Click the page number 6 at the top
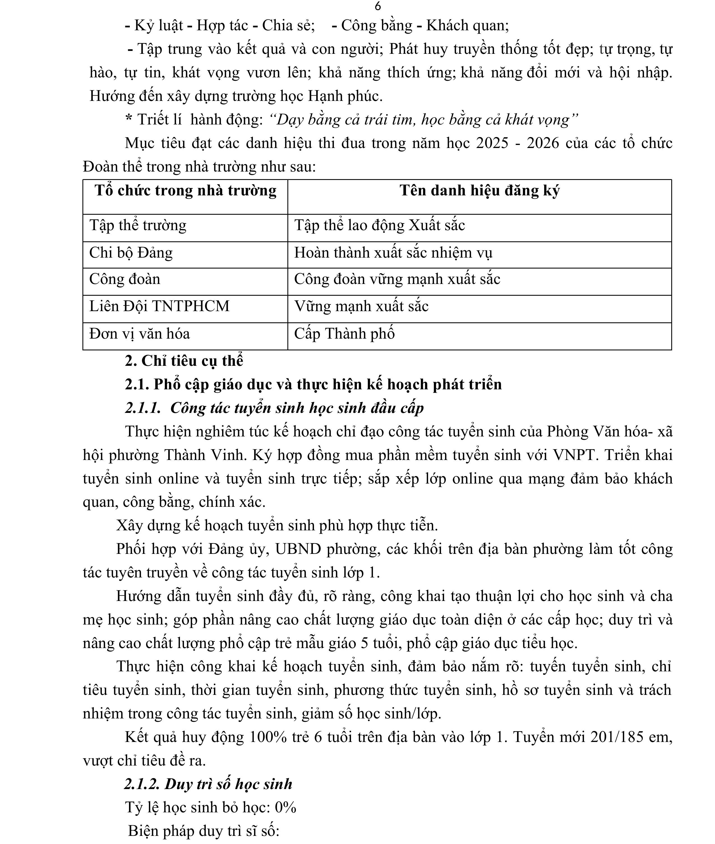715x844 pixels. [x=378, y=6]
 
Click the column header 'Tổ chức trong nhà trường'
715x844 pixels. [x=185, y=190]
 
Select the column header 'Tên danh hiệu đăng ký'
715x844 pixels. [x=479, y=190]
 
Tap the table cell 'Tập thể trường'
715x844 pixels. [x=138, y=225]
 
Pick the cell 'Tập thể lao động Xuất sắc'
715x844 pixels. [x=379, y=225]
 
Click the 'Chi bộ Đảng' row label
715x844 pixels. [x=131, y=253]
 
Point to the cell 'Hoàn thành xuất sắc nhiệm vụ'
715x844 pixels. [x=393, y=253]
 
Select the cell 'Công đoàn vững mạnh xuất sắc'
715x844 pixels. [x=397, y=279]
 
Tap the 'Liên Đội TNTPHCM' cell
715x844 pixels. [x=159, y=306]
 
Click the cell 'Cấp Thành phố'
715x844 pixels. [x=344, y=334]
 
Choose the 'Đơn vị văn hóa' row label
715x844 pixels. [x=139, y=334]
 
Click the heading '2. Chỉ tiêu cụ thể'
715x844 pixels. [x=184, y=361]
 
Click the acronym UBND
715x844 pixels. [x=298, y=549]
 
